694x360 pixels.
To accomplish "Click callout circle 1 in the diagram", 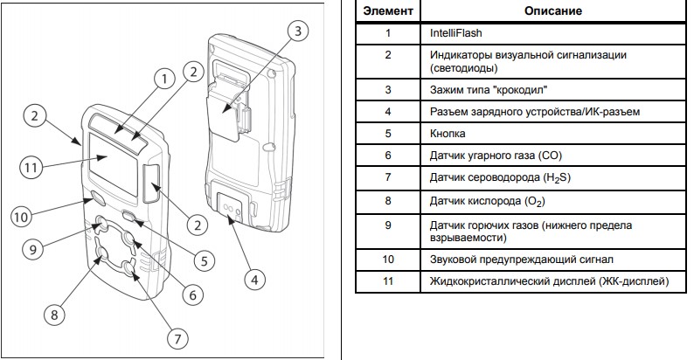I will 162,79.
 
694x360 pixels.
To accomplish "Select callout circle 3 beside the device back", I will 298,31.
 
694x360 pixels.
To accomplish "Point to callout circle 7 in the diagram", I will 177,337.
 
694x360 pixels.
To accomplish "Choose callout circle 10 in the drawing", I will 20,214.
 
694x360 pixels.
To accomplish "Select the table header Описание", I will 553,11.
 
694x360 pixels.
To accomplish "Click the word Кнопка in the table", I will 448,133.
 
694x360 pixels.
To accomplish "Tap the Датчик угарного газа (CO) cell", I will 495,155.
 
